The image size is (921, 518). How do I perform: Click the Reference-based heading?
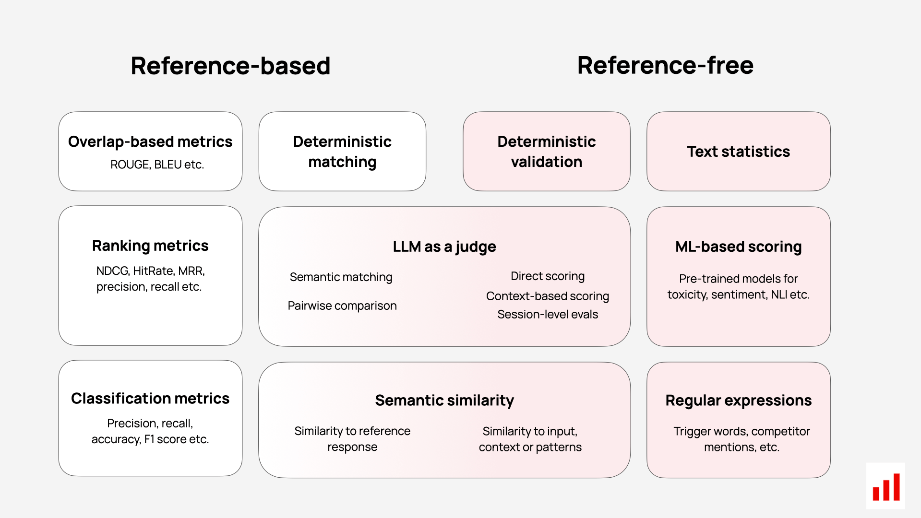coord(230,66)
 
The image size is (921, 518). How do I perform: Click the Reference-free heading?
coord(665,65)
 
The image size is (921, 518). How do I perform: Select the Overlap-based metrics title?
coord(150,141)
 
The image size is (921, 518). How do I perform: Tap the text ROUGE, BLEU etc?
coord(157,165)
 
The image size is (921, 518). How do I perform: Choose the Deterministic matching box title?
coord(342,152)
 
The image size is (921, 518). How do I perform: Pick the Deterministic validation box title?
coord(547,152)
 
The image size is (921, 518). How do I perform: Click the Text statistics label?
coord(738,152)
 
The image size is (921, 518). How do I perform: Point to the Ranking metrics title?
coord(150,246)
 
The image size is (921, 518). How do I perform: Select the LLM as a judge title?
coord(444,247)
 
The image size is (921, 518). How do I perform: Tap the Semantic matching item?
coord(341,277)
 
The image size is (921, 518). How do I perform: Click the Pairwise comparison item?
coord(342,306)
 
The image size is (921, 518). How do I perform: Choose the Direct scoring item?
coord(548,276)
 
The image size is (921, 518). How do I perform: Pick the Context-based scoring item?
coord(548,296)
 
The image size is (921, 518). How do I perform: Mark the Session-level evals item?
coord(548,314)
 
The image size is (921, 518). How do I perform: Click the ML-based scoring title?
coord(738,247)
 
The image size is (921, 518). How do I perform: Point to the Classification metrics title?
coord(150,399)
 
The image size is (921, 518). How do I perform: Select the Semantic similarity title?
coord(444,400)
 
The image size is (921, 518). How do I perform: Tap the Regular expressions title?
coord(738,400)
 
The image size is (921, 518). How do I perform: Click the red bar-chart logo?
coord(886,487)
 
